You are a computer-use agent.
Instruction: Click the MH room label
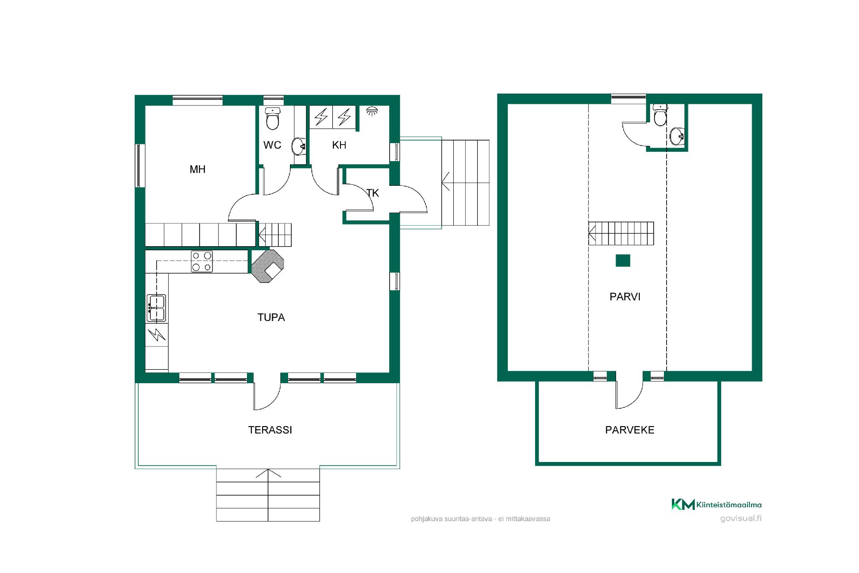[197, 169]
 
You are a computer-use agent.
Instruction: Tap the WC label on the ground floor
[272, 145]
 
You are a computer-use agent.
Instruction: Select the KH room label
[339, 145]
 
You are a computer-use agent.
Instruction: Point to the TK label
[373, 193]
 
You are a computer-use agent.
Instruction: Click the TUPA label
[271, 317]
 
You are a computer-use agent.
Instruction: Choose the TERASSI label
[270, 430]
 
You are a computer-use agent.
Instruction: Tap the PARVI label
[625, 297]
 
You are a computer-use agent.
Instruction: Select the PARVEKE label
[629, 430]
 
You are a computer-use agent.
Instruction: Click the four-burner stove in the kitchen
[202, 261]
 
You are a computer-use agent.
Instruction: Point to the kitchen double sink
[156, 308]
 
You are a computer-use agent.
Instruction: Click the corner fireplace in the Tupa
[268, 266]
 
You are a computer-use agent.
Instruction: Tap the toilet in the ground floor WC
[272, 118]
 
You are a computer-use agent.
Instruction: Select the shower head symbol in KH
[371, 111]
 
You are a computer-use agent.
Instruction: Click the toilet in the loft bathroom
[660, 115]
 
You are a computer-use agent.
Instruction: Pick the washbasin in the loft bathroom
[677, 136]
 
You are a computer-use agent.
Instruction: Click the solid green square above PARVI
[623, 261]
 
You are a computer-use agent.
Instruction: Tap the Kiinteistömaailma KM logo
[716, 505]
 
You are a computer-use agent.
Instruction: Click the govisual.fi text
[741, 518]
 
